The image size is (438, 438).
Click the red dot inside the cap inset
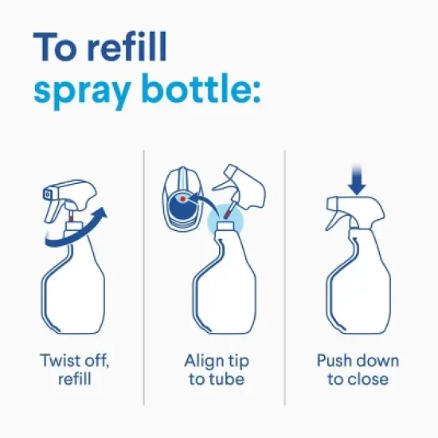(x=183, y=197)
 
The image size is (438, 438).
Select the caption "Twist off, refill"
(x=75, y=370)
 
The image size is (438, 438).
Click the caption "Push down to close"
(x=358, y=370)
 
